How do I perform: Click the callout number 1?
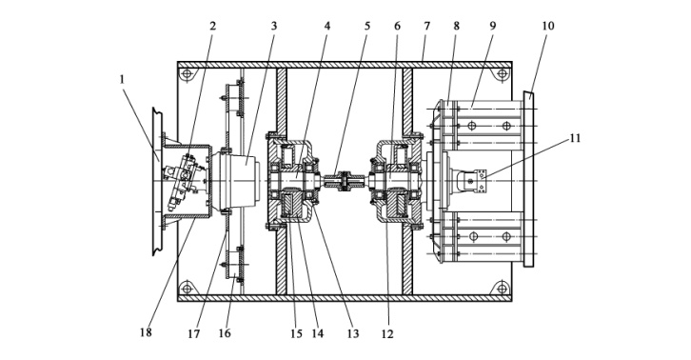coord(122,80)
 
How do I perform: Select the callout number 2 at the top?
coord(213,27)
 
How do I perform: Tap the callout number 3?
coord(274,27)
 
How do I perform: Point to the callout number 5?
coord(367,27)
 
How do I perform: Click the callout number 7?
coord(426,27)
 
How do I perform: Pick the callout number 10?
coord(548,27)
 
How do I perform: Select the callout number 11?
coord(575,138)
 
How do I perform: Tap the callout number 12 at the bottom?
coord(387,334)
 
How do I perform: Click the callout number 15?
coord(297,334)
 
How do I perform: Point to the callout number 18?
coord(146,332)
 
